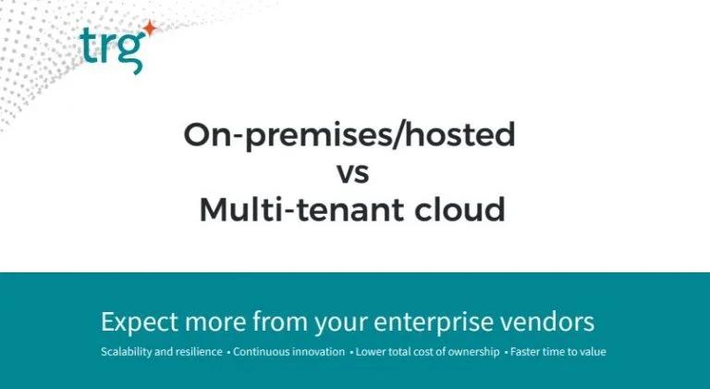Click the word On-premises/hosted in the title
point(349,135)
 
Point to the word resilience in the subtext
point(198,352)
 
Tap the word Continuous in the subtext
point(258,352)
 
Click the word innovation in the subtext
point(314,352)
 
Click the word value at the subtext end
point(594,352)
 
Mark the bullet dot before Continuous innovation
point(228,352)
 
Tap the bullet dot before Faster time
point(506,352)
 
